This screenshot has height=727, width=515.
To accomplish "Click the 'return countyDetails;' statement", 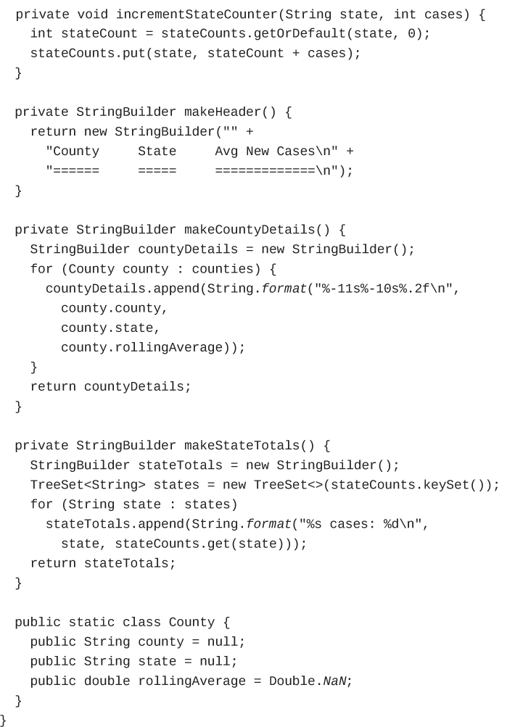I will [x=110, y=386].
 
